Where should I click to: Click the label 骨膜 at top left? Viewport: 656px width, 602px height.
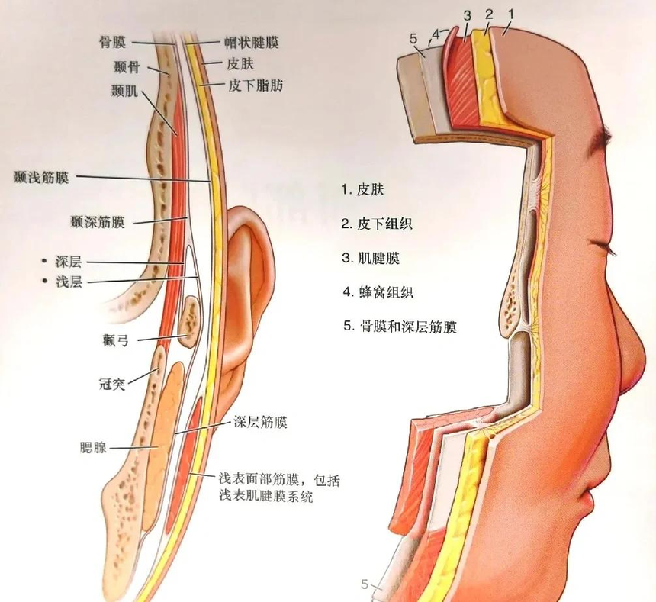(x=112, y=42)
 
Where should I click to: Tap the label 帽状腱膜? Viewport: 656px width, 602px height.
(x=252, y=42)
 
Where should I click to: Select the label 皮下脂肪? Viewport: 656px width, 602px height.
(x=256, y=85)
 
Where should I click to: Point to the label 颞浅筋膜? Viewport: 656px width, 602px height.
(x=41, y=178)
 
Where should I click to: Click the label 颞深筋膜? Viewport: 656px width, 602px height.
(x=98, y=222)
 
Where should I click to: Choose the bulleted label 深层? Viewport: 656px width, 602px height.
(x=68, y=262)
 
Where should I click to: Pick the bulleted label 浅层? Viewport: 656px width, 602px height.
(x=69, y=282)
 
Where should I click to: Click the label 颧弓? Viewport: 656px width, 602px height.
(x=115, y=340)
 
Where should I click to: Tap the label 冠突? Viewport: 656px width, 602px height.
(x=112, y=383)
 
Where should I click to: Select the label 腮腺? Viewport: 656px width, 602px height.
(x=93, y=448)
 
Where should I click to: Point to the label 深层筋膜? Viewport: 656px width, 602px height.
(x=260, y=422)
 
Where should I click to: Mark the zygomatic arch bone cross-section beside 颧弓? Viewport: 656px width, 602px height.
(x=191, y=321)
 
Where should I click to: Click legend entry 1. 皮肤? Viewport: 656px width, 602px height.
(x=362, y=190)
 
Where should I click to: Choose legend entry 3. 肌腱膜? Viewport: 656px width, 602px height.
(x=371, y=258)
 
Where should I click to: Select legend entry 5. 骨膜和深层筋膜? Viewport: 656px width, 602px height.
(x=400, y=327)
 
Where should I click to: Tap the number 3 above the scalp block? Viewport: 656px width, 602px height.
(x=468, y=16)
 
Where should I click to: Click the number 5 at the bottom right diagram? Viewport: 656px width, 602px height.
(x=365, y=584)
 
